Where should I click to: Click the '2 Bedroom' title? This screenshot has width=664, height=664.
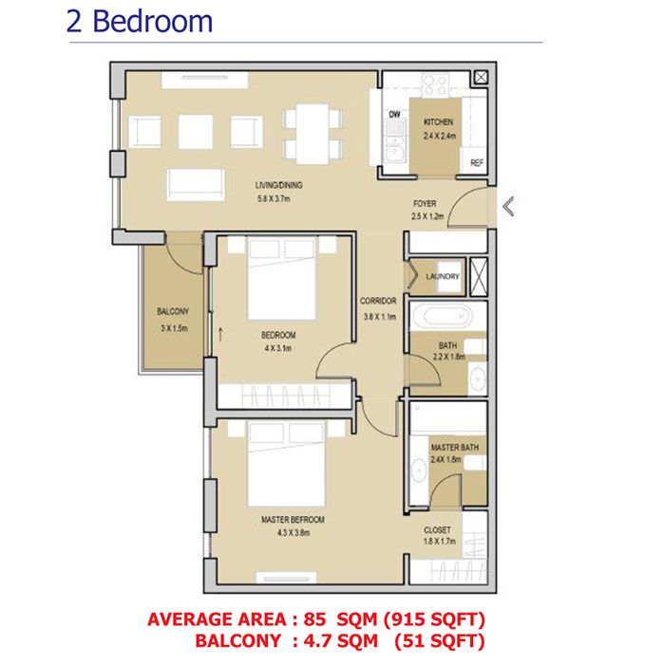(x=140, y=21)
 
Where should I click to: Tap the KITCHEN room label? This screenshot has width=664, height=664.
(x=439, y=122)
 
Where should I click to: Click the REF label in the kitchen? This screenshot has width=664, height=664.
(x=477, y=163)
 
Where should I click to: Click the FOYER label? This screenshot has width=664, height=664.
(x=425, y=204)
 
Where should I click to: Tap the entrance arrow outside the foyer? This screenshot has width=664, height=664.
(x=509, y=206)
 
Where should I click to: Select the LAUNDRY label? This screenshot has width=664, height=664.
(x=443, y=277)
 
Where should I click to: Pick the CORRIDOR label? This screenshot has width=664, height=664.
(x=378, y=302)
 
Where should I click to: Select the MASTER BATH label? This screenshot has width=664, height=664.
(x=446, y=446)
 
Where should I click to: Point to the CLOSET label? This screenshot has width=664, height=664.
(x=438, y=530)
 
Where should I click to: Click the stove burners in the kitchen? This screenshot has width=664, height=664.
(x=434, y=84)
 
